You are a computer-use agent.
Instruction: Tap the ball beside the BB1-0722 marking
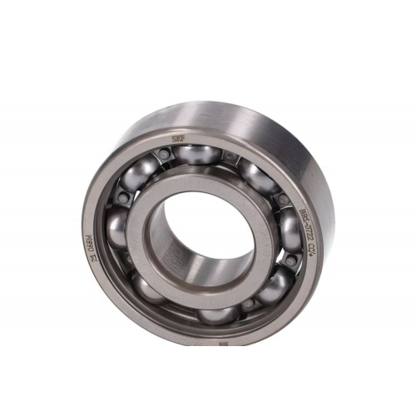tap(290, 228)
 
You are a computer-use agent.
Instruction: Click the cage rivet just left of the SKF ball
tap(166, 155)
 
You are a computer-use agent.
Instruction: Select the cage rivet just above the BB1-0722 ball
tap(284, 201)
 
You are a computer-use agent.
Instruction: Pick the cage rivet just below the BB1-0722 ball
tap(290, 260)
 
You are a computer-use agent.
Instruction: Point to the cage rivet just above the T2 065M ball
tap(122, 200)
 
